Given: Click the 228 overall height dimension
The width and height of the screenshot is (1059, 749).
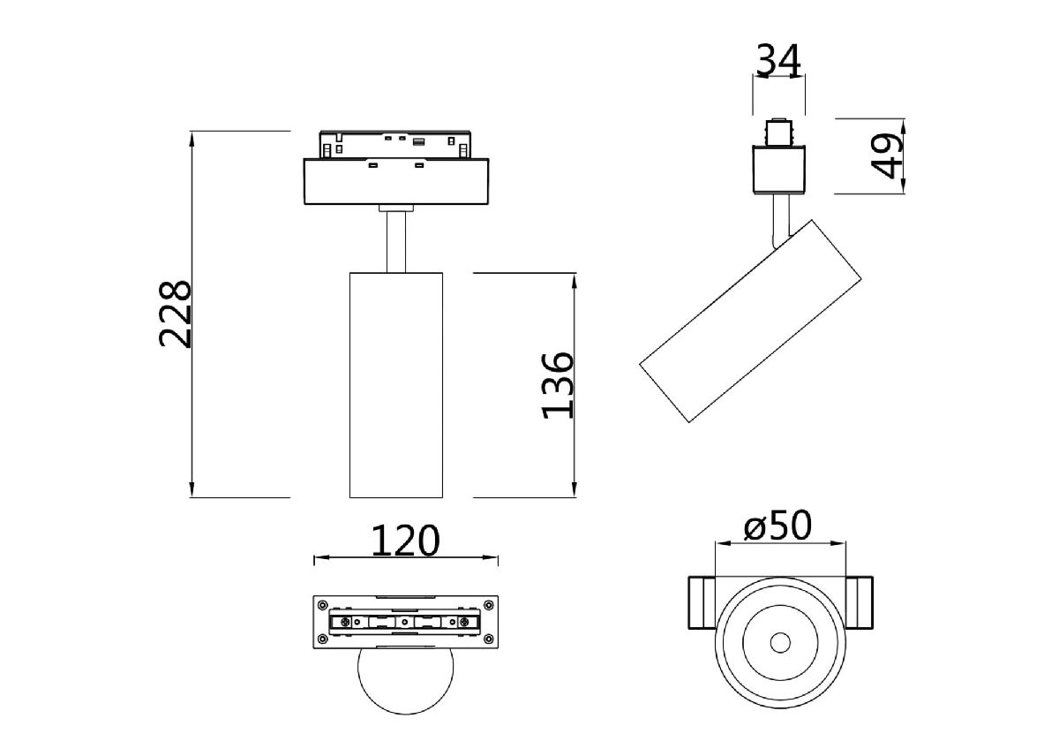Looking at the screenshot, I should (x=175, y=314).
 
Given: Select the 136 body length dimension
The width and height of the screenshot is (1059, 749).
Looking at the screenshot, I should (x=558, y=385).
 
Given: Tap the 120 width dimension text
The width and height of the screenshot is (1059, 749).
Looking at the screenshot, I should (x=405, y=541).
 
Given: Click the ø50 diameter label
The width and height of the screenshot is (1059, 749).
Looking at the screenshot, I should (x=777, y=526).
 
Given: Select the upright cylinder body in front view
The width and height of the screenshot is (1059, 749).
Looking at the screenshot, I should (x=395, y=385).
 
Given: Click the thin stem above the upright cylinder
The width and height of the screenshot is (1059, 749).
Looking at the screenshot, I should (x=395, y=242).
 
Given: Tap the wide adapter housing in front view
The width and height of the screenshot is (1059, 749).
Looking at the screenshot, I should (x=395, y=182).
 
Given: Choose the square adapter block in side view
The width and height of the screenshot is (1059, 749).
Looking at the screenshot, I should (x=778, y=170).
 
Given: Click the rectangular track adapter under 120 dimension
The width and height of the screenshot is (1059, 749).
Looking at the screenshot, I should (x=405, y=622).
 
